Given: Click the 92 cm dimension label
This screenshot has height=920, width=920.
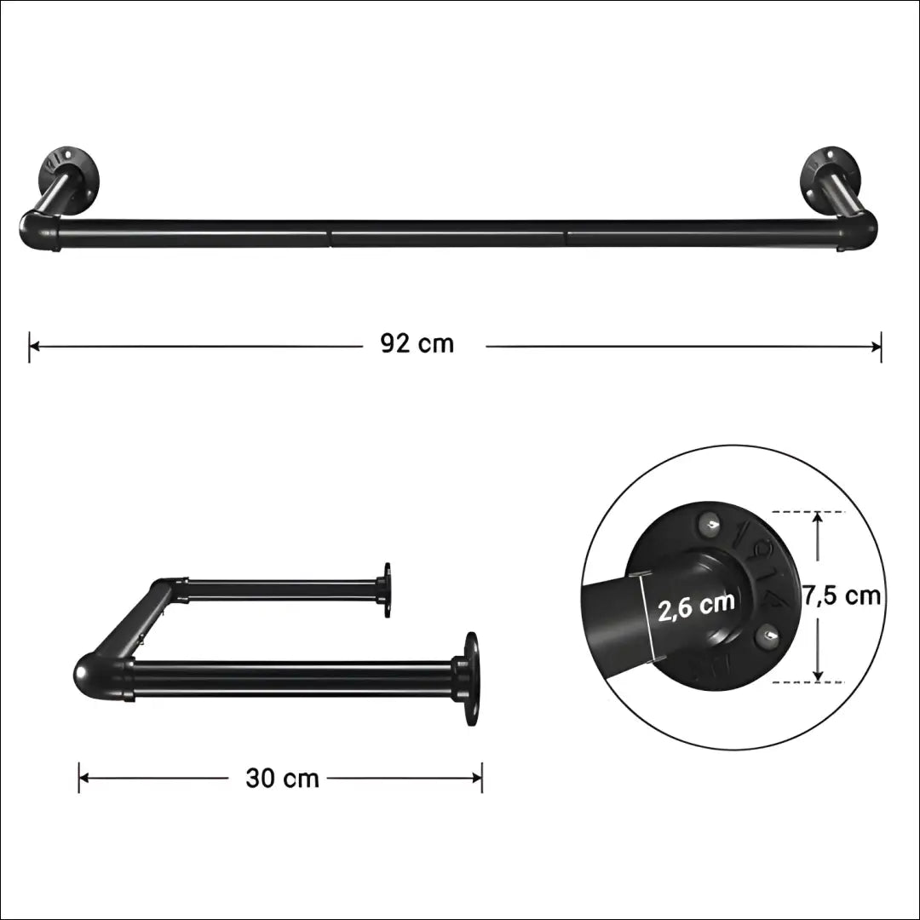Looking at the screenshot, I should pyautogui.click(x=417, y=344).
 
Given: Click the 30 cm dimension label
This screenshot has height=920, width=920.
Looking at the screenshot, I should pyautogui.click(x=282, y=778).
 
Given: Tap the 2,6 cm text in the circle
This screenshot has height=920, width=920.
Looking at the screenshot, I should pyautogui.click(x=696, y=605).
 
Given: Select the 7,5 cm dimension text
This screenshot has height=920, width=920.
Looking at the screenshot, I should pyautogui.click(x=842, y=595).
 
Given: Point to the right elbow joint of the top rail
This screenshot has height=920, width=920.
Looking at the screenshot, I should pyautogui.click(x=859, y=229).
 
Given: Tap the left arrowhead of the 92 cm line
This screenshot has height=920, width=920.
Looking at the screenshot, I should pyautogui.click(x=34, y=346).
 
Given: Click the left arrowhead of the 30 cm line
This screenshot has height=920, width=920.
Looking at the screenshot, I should pyautogui.click(x=83, y=778).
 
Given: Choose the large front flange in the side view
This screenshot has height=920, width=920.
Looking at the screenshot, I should pyautogui.click(x=469, y=678).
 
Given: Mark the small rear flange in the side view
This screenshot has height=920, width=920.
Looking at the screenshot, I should pyautogui.click(x=385, y=589).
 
